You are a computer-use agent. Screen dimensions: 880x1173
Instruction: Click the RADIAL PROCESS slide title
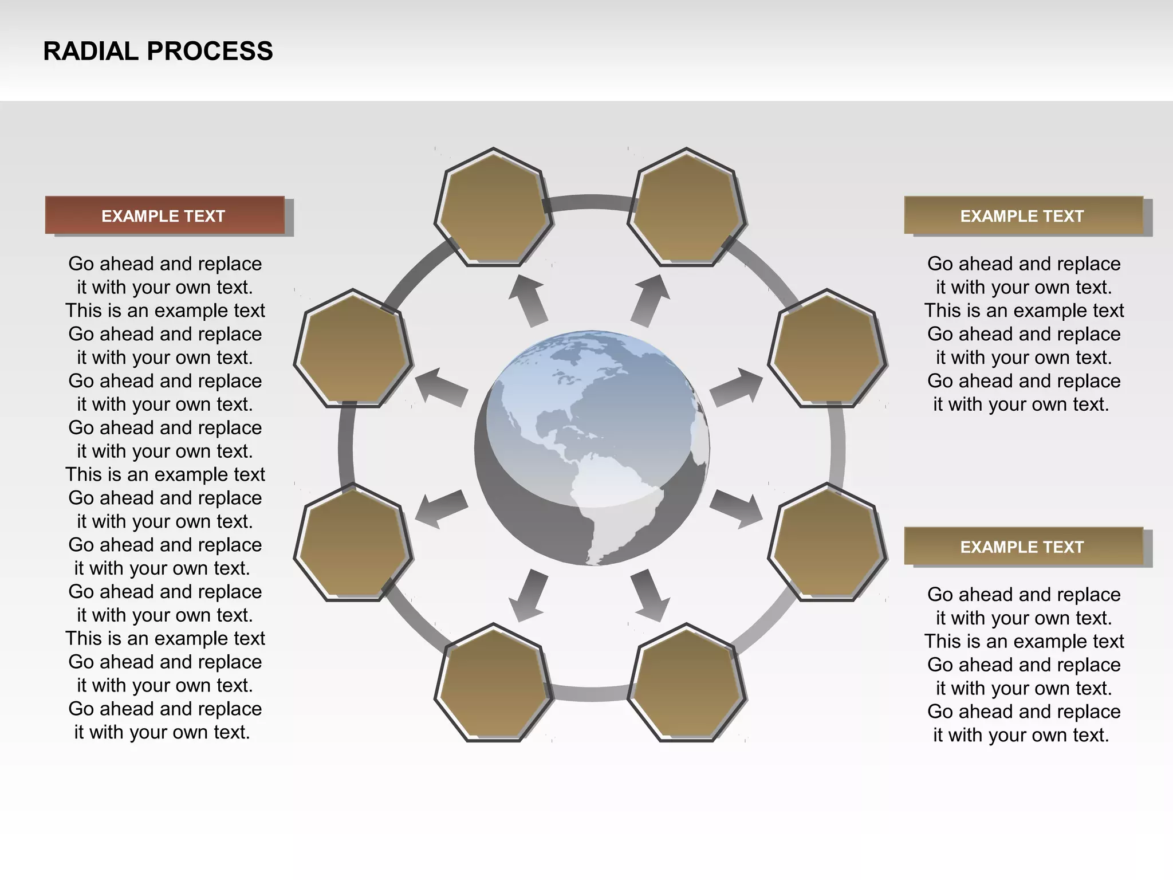(158, 51)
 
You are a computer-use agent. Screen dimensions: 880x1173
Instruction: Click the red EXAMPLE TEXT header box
(164, 215)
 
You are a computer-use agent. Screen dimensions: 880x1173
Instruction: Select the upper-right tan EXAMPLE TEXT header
(1023, 215)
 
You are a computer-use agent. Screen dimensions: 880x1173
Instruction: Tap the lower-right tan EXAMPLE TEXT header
(1023, 547)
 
